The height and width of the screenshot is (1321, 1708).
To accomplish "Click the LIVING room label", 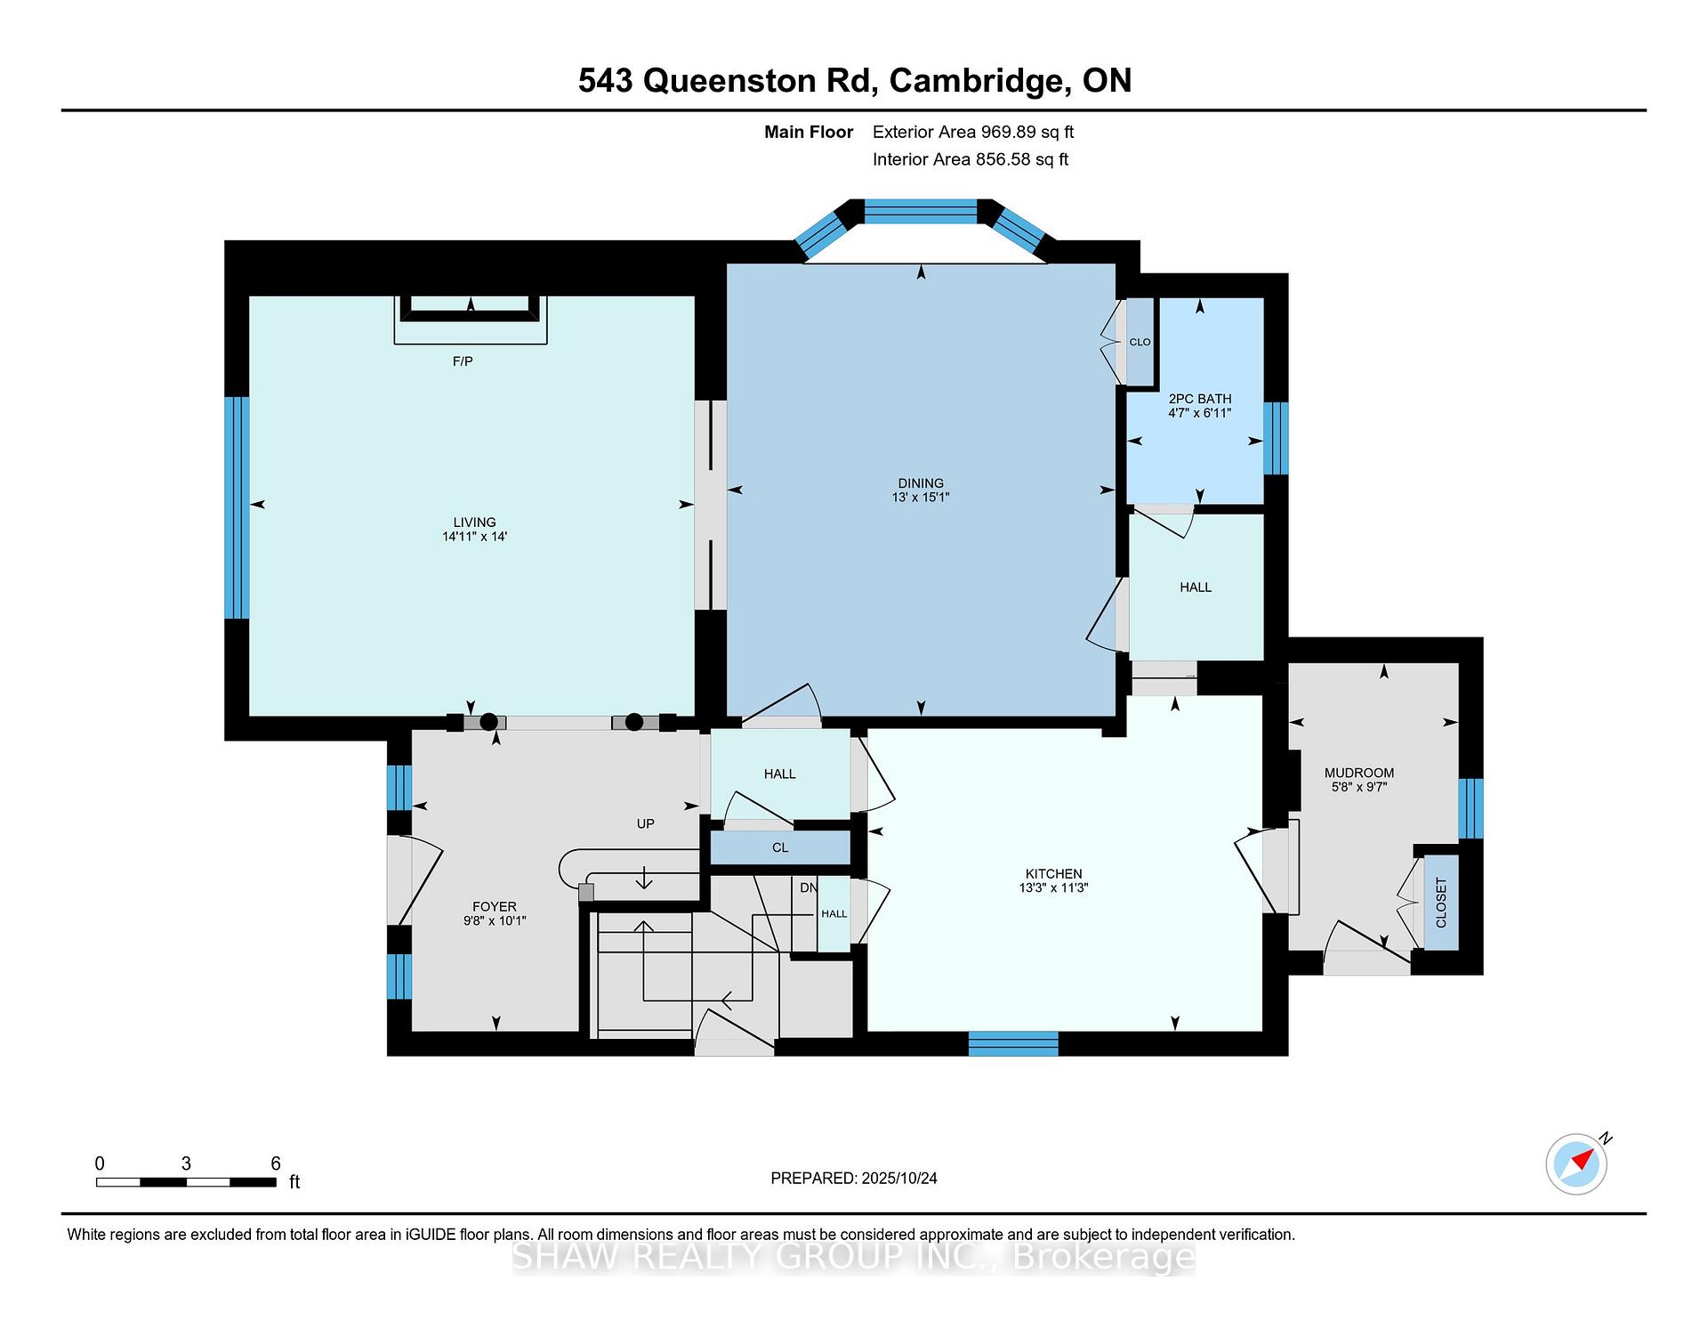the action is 474,523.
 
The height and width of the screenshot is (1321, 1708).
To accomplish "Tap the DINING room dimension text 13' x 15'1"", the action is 921,498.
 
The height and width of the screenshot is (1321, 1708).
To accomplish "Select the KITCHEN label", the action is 1054,874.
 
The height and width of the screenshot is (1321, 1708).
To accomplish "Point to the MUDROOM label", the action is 1359,773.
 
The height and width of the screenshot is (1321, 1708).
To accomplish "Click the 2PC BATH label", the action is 1200,399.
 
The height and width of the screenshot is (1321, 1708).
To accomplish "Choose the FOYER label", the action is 495,907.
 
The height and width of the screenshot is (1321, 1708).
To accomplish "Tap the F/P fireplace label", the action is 463,361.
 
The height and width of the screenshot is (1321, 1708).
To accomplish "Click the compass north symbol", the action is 1577,1163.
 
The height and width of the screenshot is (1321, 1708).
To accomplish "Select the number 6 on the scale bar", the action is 276,1163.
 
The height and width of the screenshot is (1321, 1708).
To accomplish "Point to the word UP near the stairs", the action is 646,824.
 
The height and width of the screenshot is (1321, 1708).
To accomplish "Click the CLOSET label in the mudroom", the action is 1441,903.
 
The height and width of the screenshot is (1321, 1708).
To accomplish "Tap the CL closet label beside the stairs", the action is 780,847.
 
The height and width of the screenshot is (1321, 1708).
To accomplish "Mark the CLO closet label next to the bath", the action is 1140,342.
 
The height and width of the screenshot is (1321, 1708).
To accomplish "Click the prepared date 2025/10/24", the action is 899,1178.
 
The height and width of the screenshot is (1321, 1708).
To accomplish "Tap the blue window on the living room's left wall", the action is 237,507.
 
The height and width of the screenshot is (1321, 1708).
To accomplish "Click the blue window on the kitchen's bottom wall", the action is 1013,1043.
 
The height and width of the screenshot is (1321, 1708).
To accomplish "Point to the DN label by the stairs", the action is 808,887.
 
